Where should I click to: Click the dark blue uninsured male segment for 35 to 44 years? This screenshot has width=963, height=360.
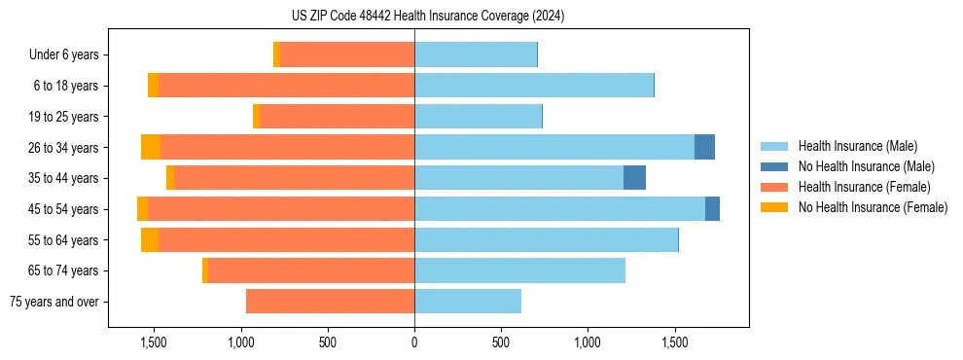[x=634, y=178]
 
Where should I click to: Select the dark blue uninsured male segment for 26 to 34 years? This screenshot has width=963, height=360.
[x=704, y=147]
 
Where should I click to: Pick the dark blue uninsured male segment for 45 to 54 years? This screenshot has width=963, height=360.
[x=712, y=209]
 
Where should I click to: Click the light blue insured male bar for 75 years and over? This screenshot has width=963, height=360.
[x=468, y=302]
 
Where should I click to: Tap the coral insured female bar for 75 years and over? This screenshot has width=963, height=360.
[x=330, y=302]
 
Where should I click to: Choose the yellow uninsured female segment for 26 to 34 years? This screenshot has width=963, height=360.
[x=151, y=147]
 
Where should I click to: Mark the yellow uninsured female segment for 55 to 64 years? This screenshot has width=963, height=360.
[x=150, y=240]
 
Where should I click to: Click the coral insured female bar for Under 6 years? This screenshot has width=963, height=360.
[x=346, y=54]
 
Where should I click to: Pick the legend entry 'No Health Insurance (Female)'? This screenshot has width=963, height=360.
[x=873, y=207]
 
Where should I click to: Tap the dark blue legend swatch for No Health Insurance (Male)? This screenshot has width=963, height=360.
[x=774, y=166]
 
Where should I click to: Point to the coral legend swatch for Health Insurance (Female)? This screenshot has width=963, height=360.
[x=774, y=187]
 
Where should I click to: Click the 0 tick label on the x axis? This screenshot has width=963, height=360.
[x=414, y=342]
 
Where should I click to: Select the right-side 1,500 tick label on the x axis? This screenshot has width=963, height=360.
[x=675, y=342]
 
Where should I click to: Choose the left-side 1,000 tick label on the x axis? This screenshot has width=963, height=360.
[x=240, y=342]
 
